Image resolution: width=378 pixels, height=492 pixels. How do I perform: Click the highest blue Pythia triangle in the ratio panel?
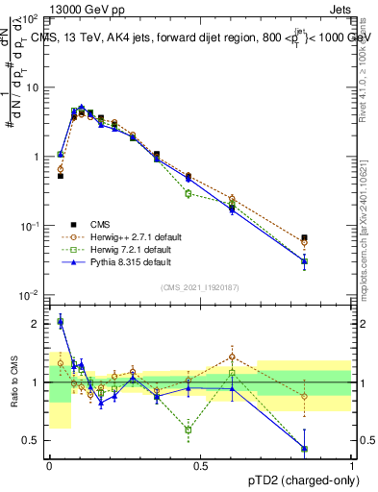point(60,322)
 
